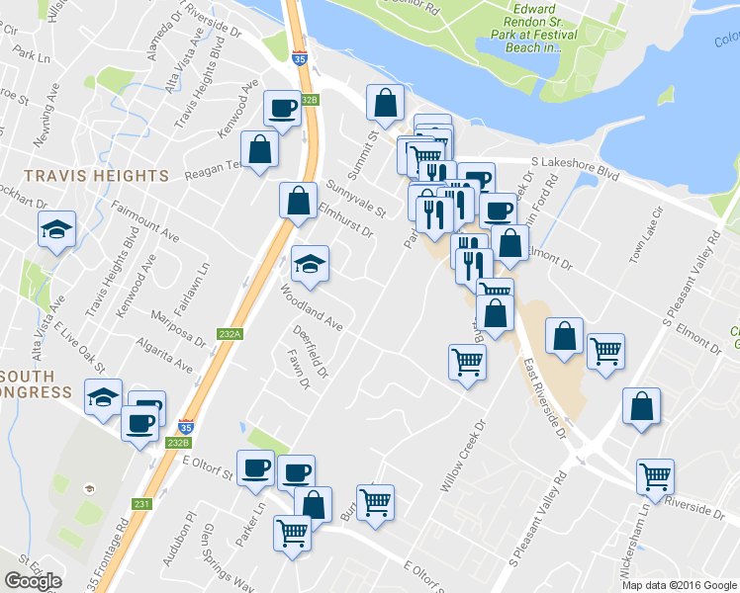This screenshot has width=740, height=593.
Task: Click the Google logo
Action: (33, 581)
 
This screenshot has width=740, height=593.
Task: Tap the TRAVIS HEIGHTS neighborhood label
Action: (84, 176)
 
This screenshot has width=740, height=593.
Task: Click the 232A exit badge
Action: (230, 334)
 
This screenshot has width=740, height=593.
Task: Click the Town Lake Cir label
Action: (647, 237)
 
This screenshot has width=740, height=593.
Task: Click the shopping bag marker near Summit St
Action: (384, 102)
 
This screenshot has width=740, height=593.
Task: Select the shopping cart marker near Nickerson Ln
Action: (655, 477)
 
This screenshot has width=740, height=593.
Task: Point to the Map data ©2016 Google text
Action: (679, 585)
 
